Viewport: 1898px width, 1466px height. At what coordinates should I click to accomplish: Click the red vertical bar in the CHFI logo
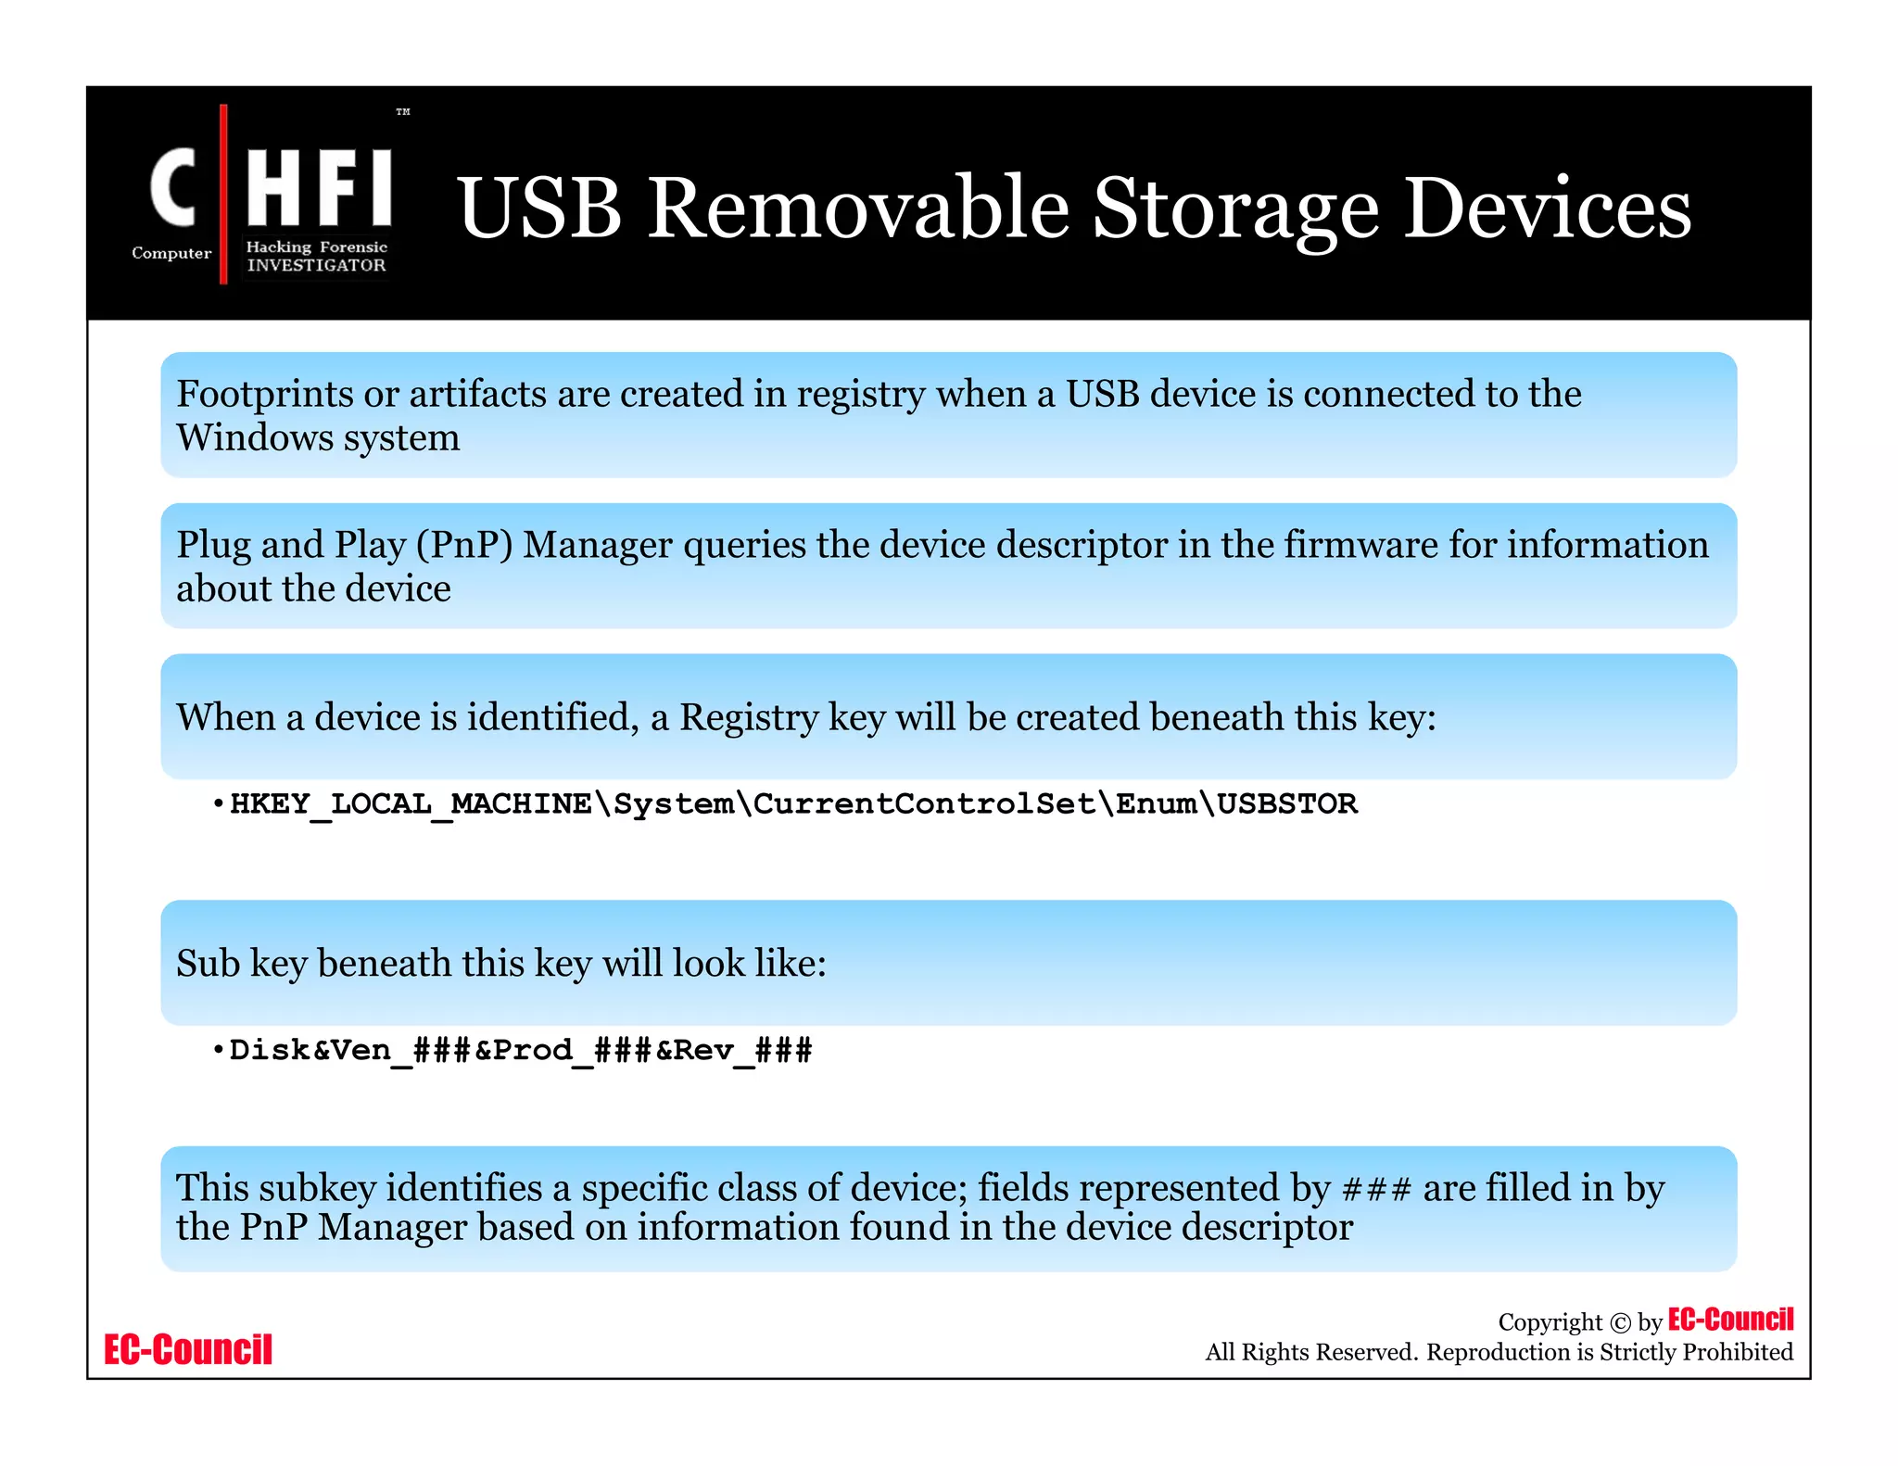pos(223,194)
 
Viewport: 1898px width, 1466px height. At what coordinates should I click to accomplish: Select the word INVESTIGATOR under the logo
pos(316,265)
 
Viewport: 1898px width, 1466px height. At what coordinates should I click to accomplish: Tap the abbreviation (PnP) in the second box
pos(464,545)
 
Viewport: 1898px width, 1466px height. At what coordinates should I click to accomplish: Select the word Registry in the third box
pos(749,717)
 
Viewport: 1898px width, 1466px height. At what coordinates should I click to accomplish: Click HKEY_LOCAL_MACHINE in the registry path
pos(411,803)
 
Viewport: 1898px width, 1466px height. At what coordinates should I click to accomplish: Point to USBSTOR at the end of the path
pos(1287,803)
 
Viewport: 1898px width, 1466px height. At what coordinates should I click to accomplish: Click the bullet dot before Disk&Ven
pos(218,1051)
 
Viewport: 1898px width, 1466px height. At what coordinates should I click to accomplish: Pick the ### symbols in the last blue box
pos(1376,1189)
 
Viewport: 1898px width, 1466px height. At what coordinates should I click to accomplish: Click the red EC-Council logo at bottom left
pos(188,1350)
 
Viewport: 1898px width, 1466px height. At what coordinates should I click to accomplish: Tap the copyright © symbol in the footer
pos(1620,1323)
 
